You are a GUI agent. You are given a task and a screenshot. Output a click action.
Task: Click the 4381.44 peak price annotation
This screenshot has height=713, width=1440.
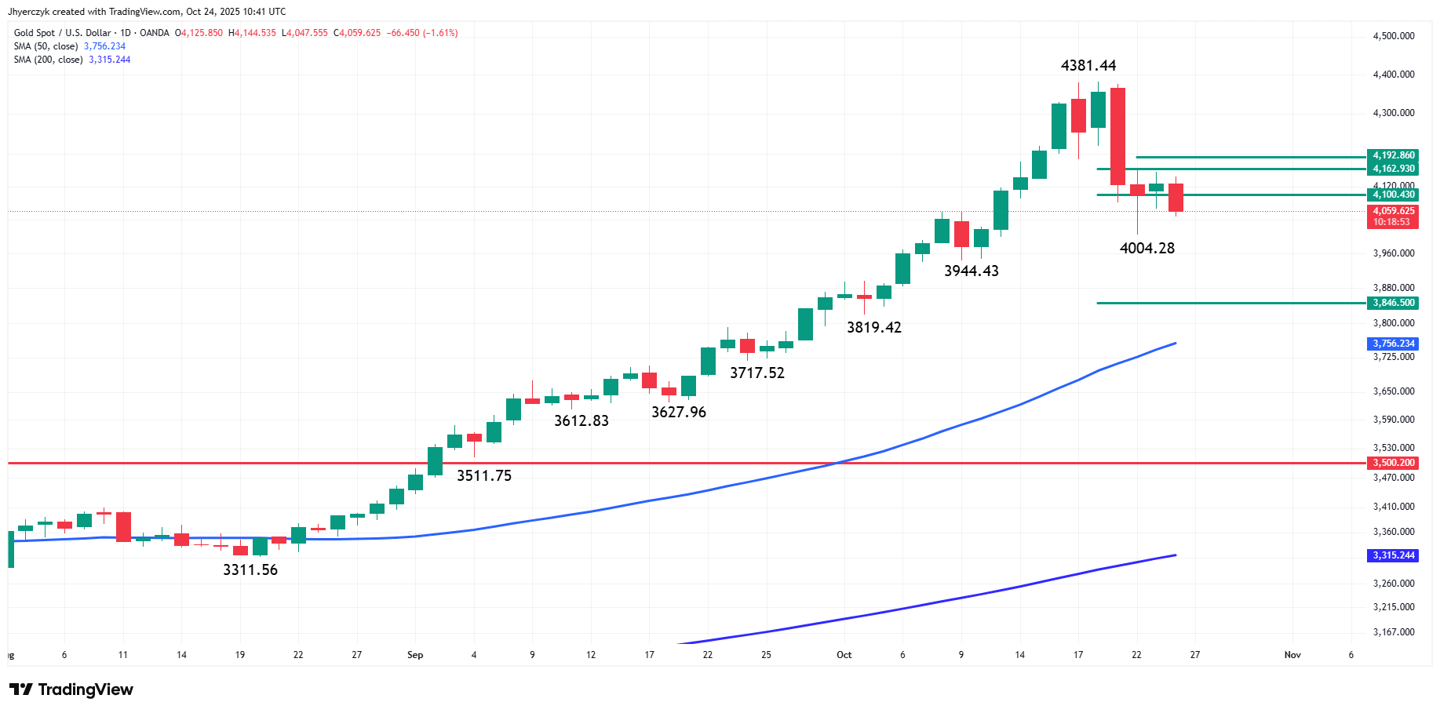(x=1088, y=66)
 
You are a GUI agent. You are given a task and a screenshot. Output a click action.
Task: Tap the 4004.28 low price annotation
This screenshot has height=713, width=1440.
(x=1147, y=249)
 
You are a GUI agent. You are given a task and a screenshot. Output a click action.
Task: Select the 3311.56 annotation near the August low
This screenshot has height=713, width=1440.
(x=250, y=570)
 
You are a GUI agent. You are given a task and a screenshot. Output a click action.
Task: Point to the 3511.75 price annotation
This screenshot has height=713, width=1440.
(x=484, y=476)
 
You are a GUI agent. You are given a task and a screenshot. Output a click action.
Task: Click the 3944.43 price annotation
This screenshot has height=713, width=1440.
(x=971, y=271)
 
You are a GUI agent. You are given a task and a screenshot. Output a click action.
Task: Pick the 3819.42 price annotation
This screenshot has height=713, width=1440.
(x=873, y=328)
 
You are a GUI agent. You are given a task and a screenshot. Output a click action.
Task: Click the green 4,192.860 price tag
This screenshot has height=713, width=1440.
(x=1393, y=155)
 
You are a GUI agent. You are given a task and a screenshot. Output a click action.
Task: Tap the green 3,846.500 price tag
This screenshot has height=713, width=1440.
(x=1393, y=303)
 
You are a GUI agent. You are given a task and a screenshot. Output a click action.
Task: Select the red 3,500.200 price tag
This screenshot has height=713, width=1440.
(x=1393, y=463)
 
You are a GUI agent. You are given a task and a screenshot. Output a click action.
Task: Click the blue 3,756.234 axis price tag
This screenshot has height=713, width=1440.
(x=1393, y=344)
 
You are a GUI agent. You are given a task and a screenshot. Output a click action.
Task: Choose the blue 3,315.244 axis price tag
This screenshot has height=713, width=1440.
(x=1393, y=555)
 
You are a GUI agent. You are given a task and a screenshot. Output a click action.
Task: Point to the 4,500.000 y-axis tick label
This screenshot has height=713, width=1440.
(x=1393, y=36)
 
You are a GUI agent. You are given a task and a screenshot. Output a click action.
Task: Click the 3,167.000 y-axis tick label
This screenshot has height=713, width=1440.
(x=1393, y=632)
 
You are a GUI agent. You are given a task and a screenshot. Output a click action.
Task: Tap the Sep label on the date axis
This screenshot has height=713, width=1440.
(x=415, y=655)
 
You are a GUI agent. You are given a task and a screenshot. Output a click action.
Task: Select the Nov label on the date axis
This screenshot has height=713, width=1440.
(x=1292, y=655)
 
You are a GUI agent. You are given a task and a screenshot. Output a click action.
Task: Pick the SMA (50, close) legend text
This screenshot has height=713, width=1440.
(x=46, y=46)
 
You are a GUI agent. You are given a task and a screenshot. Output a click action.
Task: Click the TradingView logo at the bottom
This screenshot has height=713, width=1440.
(x=71, y=689)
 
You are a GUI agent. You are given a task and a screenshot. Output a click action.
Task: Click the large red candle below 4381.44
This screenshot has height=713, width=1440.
(x=1117, y=136)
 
